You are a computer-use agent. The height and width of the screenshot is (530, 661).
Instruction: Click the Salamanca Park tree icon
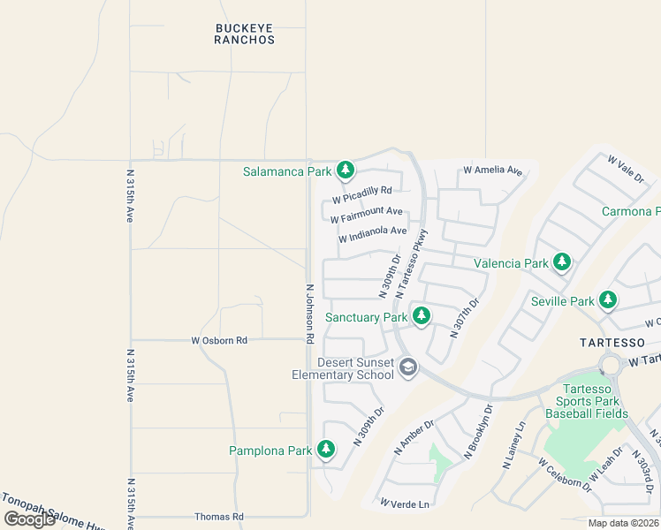345,170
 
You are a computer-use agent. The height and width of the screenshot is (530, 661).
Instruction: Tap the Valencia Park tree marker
561,261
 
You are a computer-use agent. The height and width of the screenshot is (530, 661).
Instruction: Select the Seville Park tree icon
607,300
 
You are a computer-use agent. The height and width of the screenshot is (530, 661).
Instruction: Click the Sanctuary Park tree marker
422,315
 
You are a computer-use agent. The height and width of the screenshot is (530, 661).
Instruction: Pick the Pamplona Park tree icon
326,450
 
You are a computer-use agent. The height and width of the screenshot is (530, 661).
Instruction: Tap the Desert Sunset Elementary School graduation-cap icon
407,367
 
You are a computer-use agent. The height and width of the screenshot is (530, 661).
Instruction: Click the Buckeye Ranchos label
245,34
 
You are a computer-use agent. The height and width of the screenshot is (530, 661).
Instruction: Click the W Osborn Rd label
219,340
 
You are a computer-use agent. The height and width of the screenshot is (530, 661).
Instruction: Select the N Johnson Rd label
310,313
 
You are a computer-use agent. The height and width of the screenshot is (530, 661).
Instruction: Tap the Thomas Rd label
219,517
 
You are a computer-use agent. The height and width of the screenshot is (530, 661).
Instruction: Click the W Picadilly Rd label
361,193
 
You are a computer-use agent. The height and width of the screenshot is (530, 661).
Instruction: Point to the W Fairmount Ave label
366,215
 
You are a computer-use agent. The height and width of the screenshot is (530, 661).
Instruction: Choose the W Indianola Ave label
372,235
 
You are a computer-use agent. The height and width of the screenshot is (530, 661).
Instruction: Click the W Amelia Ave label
492,170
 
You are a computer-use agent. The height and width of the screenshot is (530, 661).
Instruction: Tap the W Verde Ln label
405,503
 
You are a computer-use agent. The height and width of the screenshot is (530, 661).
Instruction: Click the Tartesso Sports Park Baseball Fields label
587,401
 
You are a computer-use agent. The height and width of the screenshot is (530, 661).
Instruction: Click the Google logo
29,519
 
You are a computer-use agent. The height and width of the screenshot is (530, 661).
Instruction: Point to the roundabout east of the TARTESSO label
610,364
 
